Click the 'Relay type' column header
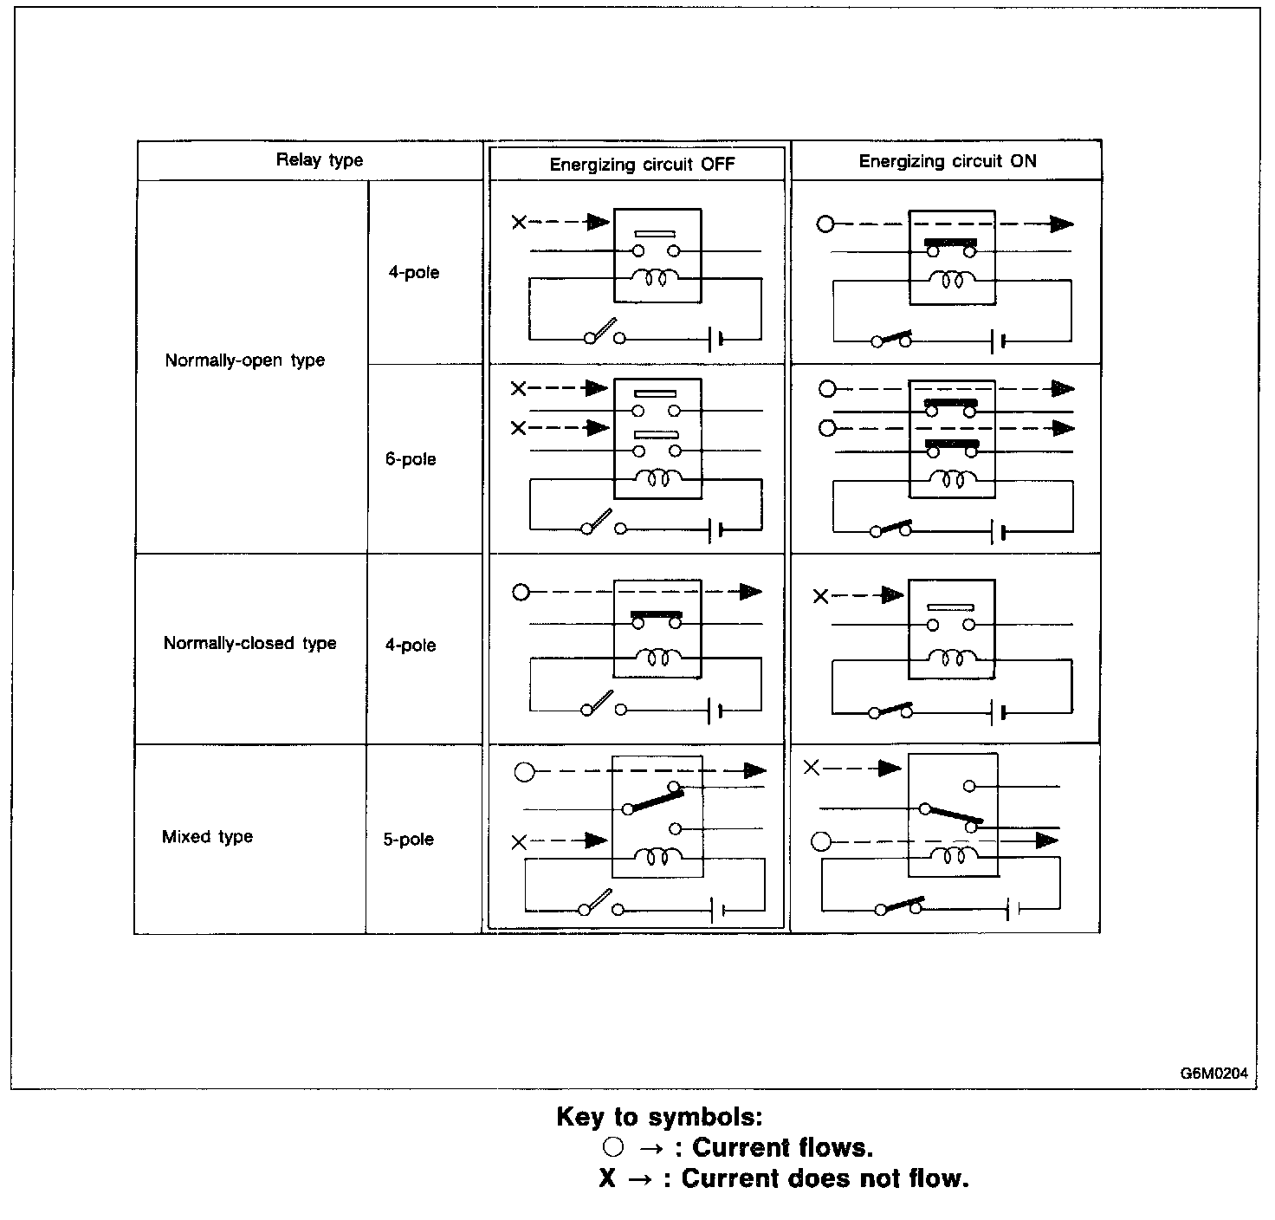tap(320, 159)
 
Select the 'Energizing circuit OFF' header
tap(642, 165)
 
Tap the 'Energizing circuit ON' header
tap(947, 161)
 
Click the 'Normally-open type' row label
tap(245, 360)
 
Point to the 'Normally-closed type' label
tap(249, 643)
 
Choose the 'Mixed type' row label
tap(207, 837)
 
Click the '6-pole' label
tap(411, 459)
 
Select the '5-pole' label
tap(409, 840)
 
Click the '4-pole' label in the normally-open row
tap(413, 272)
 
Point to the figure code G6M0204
tap(1214, 1074)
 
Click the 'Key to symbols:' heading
tap(659, 1116)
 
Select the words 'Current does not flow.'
tap(825, 1178)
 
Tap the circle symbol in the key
tap(612, 1147)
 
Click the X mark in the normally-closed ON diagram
tap(820, 596)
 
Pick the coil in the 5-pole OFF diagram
tap(658, 857)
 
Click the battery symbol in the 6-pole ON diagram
tap(997, 530)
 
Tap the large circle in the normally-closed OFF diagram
tap(521, 593)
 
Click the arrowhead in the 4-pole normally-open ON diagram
tap(1061, 224)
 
